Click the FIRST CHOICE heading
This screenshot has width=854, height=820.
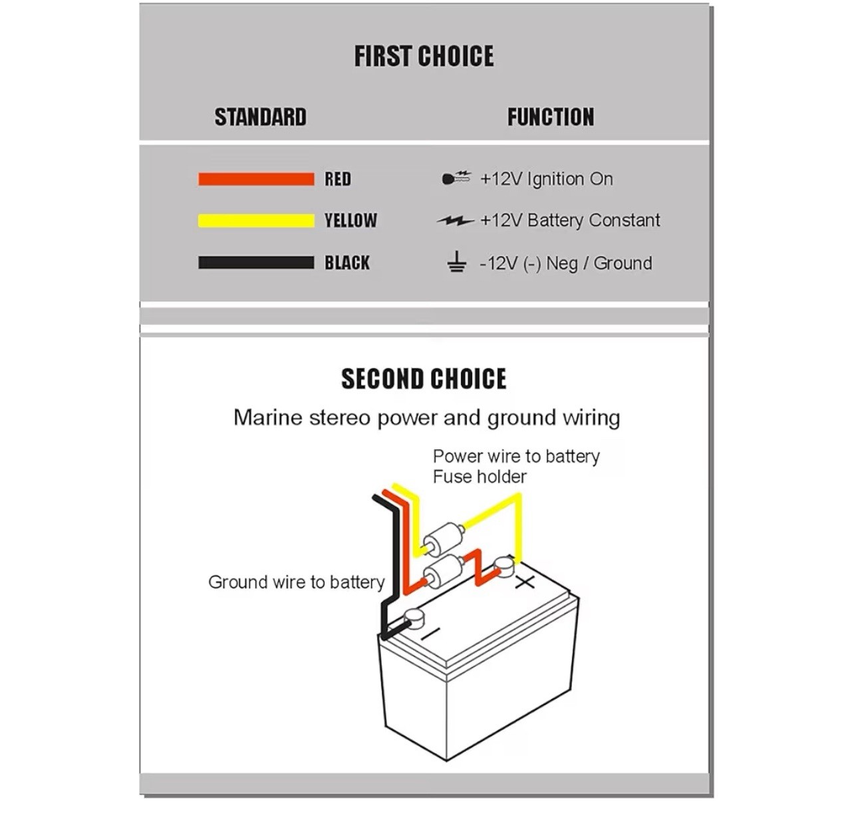pos(424,57)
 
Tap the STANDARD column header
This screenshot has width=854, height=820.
pos(260,117)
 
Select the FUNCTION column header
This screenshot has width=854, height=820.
pos(551,117)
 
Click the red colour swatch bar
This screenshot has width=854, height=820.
pos(256,179)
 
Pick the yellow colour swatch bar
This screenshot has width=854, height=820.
pos(256,221)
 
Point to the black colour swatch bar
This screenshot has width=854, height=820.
pos(256,263)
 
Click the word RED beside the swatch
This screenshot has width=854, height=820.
pos(338,179)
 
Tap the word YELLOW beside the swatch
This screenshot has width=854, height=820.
pos(351,221)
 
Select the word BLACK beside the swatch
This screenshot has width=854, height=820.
pos(347,263)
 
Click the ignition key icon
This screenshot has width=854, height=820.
pos(456,178)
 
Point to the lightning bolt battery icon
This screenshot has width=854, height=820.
pos(456,220)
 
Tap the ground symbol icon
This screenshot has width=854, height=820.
pos(456,262)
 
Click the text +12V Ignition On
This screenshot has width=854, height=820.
pos(547,179)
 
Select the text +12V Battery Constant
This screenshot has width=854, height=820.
pos(570,220)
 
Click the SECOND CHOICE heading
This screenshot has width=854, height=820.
pos(424,379)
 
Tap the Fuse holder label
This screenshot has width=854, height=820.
pos(480,477)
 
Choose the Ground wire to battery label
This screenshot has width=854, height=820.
pos(297,582)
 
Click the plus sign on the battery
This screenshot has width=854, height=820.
pos(525,583)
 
